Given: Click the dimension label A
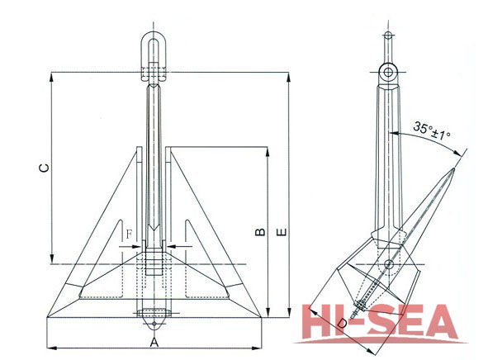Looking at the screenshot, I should (154, 339).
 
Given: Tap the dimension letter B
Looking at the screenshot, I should (258, 233).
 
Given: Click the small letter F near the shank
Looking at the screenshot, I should (130, 234).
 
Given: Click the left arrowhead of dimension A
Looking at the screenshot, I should (50, 345).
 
